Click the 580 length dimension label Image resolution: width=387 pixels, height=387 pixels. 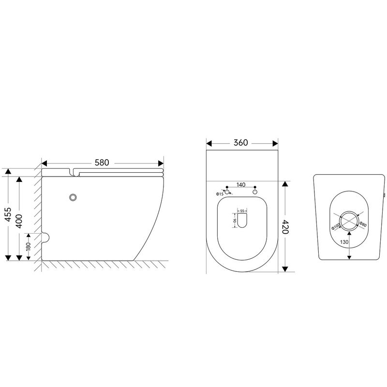coord(102,163)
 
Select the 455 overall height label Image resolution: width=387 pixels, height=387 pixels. coord(8,214)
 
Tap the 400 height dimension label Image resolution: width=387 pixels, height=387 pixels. coord(19,221)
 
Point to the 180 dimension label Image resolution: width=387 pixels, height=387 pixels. coord(29,246)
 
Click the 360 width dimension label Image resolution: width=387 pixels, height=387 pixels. coord(240,142)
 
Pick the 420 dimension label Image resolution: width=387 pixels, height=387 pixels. coord(285,226)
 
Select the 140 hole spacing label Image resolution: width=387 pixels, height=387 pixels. coord(241,185)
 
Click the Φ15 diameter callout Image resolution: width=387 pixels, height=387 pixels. coord(220,194)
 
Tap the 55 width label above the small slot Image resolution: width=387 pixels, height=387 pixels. coord(242,211)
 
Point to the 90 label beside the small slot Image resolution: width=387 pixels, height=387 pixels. coord(235,220)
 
